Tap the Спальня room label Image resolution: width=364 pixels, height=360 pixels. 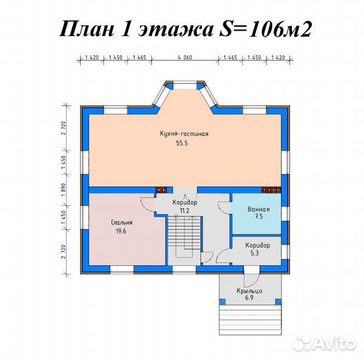(122, 223)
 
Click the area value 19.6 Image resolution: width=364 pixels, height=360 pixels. (122, 231)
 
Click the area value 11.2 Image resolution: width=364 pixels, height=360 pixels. (185, 210)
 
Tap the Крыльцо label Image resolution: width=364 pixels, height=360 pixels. (248, 291)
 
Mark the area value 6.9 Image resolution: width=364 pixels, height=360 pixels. (248, 299)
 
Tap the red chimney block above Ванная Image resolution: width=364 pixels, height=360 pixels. (269, 189)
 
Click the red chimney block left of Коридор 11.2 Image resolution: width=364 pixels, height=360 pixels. (161, 189)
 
